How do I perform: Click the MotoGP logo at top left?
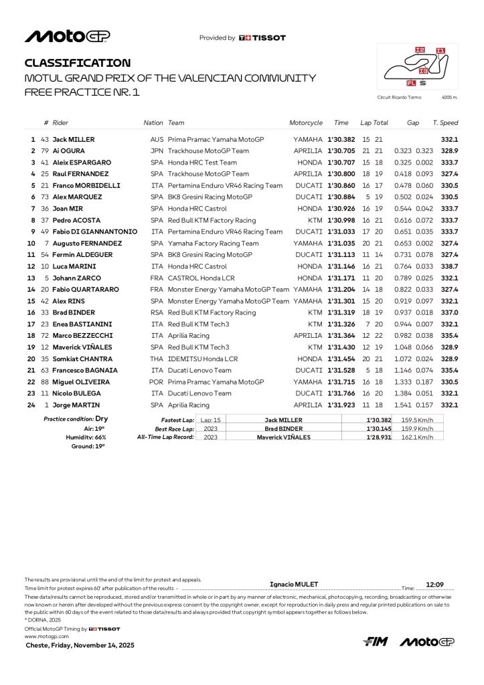tap(68, 36)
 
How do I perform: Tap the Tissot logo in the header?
tap(262, 38)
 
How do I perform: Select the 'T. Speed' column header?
tap(445, 123)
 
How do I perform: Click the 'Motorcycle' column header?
tap(306, 123)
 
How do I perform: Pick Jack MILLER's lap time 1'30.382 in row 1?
tap(341, 139)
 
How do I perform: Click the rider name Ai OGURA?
tap(70, 151)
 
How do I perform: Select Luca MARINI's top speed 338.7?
tap(449, 266)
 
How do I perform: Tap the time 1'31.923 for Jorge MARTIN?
tap(341, 405)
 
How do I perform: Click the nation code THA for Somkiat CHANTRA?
tap(157, 359)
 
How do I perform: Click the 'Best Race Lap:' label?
tap(175, 428)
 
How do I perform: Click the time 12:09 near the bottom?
tap(435, 584)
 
